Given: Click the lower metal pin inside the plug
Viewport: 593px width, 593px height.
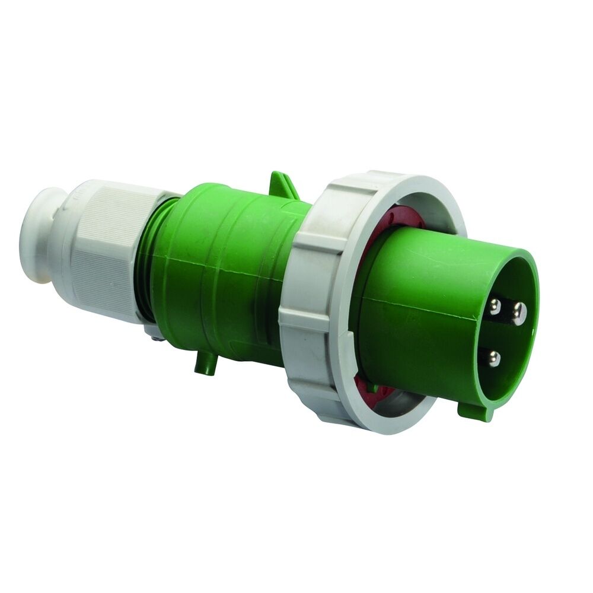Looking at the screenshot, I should click(494, 357).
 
